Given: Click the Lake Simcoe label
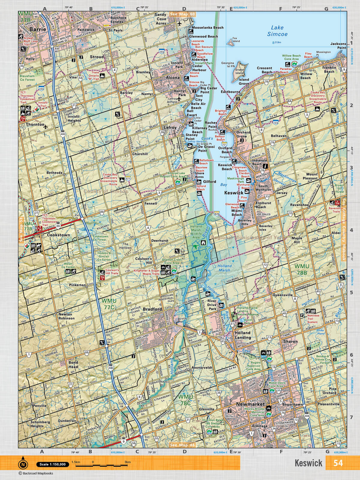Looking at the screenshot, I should click(277, 31).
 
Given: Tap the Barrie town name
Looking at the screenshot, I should click(38, 29).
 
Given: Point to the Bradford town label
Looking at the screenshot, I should click(152, 309).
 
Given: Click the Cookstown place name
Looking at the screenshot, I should click(58, 235).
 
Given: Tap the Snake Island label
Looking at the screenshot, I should click(239, 71).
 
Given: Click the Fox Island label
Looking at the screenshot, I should click(235, 40).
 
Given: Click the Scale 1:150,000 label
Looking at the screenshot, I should click(52, 464).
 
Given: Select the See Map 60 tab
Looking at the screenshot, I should click(182, 14).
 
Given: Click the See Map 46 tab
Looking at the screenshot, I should click(182, 445).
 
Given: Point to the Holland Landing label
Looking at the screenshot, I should click(242, 335).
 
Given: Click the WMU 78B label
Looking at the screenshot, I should click(301, 269).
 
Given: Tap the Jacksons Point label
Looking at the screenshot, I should click(338, 46).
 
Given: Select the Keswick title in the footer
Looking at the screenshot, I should click(308, 463).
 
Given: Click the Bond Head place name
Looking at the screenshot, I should click(73, 364).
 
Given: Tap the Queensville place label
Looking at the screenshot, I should click(282, 295).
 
